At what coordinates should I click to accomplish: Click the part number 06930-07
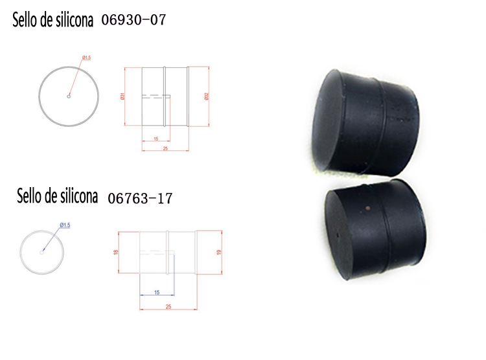point(134,20)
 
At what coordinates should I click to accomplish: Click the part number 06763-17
point(140,198)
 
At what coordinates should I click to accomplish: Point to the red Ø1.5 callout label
point(86,59)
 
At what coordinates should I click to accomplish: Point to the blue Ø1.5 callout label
point(64,225)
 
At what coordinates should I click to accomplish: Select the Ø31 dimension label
point(122,96)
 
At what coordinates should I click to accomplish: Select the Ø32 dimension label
point(207,96)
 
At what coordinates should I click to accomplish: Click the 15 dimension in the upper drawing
point(156,139)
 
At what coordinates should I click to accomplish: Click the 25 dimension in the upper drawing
point(165,149)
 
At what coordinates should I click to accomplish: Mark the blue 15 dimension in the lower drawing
point(156,293)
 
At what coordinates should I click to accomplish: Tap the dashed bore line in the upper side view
point(156,96)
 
